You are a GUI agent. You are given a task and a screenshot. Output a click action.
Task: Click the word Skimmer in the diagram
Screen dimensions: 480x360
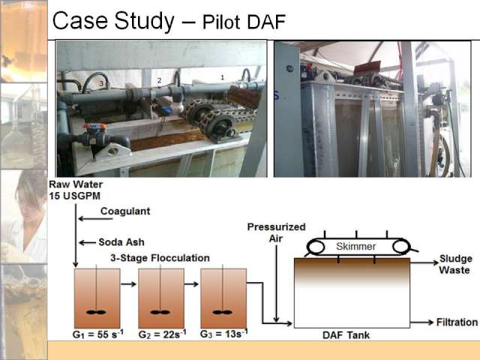(x=356, y=247)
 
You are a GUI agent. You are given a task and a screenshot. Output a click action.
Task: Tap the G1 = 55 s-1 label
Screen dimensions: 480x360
(x=98, y=334)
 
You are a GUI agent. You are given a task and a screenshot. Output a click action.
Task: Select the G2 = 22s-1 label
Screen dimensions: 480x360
(x=162, y=334)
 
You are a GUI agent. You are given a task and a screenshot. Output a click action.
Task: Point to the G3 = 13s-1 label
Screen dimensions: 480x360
(x=223, y=333)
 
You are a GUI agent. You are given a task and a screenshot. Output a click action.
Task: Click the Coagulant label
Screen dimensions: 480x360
(x=125, y=211)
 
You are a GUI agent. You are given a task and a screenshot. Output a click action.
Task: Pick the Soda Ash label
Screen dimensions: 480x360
(x=121, y=242)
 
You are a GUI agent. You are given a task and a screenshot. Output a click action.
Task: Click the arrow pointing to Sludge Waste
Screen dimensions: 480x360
(x=424, y=262)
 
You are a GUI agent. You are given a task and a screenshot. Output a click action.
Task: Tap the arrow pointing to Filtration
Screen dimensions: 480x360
(x=421, y=322)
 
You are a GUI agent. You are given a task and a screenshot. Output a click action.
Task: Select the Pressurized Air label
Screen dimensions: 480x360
(x=276, y=232)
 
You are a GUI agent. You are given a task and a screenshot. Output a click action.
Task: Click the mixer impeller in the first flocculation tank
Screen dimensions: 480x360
(x=96, y=312)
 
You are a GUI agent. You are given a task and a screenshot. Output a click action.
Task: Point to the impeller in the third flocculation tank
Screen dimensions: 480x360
(x=223, y=312)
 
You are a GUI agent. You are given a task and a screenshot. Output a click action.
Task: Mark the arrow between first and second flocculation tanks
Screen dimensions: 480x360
(x=128, y=284)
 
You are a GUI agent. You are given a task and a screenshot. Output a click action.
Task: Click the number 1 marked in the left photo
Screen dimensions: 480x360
(x=223, y=77)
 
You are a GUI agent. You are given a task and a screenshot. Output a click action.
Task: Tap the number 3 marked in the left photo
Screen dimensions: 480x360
(x=101, y=83)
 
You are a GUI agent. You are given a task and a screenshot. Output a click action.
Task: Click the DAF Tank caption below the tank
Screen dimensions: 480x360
(x=346, y=335)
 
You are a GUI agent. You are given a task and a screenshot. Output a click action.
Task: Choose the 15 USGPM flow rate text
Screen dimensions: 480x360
(x=75, y=196)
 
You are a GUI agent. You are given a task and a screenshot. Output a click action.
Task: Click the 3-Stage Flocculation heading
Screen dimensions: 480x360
(x=160, y=258)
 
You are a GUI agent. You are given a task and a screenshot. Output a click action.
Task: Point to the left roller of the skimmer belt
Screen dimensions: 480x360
(x=316, y=247)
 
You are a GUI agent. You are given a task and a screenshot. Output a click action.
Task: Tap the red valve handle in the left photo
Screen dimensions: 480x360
(x=94, y=126)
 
